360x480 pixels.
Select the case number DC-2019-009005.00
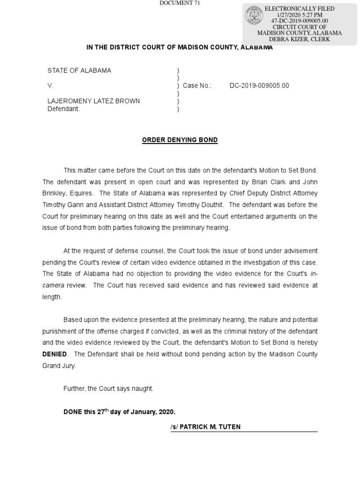pyautogui.click(x=259, y=86)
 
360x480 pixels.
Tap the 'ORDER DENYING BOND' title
pyautogui.click(x=180, y=140)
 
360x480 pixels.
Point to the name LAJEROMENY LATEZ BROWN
pyautogui.click(x=93, y=101)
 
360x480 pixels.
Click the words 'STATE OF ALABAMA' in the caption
pyautogui.click(x=79, y=71)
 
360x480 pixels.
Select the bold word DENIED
pyautogui.click(x=55, y=354)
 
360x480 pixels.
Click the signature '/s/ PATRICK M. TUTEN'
pyautogui.click(x=206, y=427)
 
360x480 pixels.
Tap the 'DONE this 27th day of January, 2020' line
pyautogui.click(x=120, y=412)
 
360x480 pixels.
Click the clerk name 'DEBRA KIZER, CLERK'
pyautogui.click(x=300, y=39)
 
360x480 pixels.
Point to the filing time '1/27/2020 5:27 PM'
pyautogui.click(x=300, y=15)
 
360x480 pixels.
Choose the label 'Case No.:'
pyautogui.click(x=197, y=86)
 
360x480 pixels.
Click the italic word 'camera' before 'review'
pyautogui.click(x=53, y=285)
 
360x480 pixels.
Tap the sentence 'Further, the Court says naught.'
pyautogui.click(x=108, y=389)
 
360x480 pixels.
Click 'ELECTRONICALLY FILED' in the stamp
pyautogui.click(x=300, y=9)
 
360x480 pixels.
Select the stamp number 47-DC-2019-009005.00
pyautogui.click(x=300, y=21)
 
